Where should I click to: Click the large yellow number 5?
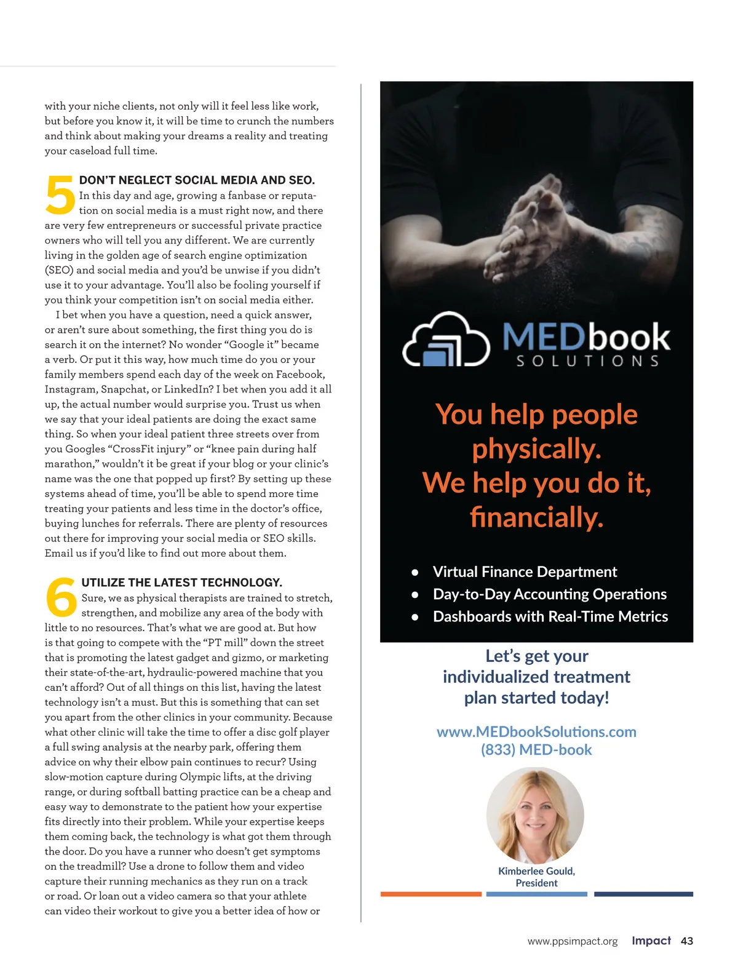click(x=60, y=195)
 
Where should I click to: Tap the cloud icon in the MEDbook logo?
click(x=446, y=340)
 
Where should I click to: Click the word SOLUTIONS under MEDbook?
click(x=587, y=361)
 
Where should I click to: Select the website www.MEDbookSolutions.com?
click(x=536, y=731)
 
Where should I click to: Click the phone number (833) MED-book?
click(x=536, y=750)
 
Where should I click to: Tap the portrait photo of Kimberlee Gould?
click(x=535, y=814)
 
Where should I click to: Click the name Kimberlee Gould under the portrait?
click(x=536, y=871)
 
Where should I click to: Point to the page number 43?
click(x=687, y=941)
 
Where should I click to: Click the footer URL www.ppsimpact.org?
click(x=573, y=941)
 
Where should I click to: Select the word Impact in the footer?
click(x=651, y=941)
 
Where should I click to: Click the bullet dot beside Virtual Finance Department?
click(x=415, y=572)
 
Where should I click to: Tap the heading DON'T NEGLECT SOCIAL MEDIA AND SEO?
click(x=197, y=180)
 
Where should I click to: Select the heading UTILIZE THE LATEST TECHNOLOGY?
click(x=181, y=583)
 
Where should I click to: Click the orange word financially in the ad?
click(x=536, y=517)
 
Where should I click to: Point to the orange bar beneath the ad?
click(x=430, y=894)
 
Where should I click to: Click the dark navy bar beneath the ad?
click(x=643, y=894)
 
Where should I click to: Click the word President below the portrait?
click(x=536, y=883)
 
